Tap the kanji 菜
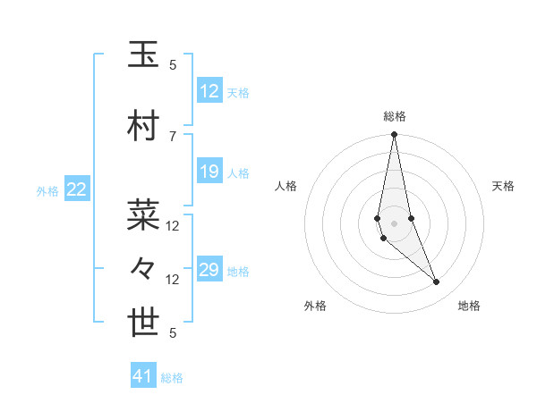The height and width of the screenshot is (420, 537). click(x=143, y=214)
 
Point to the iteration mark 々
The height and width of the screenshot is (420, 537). click(x=143, y=269)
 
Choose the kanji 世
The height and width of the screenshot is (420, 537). click(x=143, y=323)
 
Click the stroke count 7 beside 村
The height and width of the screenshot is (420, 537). click(x=173, y=136)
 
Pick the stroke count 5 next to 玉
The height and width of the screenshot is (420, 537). click(x=173, y=65)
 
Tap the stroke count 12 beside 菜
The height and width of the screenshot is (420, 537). click(x=173, y=226)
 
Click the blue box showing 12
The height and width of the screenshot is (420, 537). click(x=209, y=91)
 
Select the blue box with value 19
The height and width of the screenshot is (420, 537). click(x=209, y=172)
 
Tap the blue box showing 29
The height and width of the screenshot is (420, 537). click(x=209, y=270)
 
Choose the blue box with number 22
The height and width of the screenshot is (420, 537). click(x=77, y=189)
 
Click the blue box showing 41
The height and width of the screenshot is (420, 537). click(x=143, y=376)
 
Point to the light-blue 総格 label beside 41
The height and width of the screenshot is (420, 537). click(x=172, y=378)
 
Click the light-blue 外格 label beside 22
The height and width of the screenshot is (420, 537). click(x=47, y=190)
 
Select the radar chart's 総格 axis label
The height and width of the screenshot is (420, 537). click(x=394, y=116)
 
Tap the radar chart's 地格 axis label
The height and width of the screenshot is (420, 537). click(x=469, y=306)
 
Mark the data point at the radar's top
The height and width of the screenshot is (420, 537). click(x=394, y=135)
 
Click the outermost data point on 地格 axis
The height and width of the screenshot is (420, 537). click(x=436, y=282)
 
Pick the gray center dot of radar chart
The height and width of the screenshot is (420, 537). click(x=394, y=223)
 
